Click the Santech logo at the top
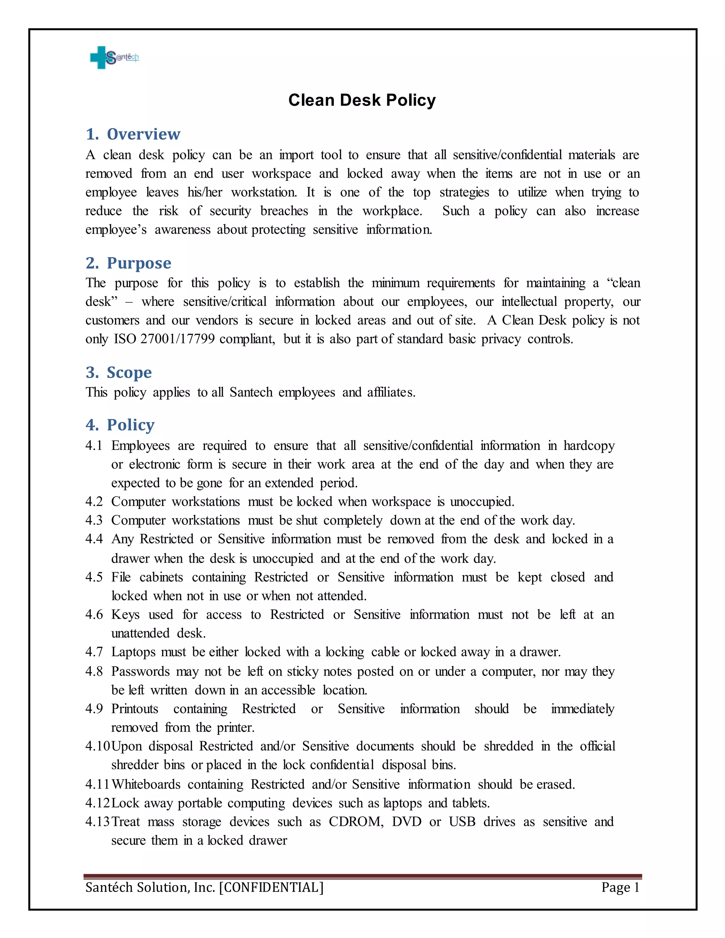114,57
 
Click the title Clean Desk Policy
362,100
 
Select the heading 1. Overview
133,134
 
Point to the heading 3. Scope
119,372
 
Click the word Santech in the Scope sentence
251,392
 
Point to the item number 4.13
97,821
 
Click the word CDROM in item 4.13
356,821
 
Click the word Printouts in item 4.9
135,708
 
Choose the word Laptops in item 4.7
133,652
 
